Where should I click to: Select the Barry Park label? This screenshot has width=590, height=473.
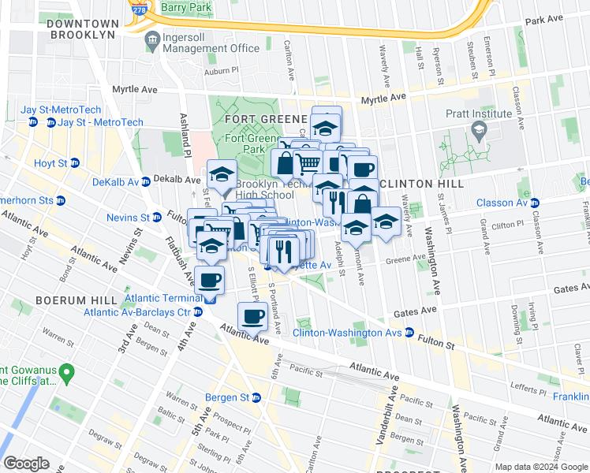pyautogui.click(x=186, y=7)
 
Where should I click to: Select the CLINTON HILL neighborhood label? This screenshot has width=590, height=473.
pyautogui.click(x=423, y=184)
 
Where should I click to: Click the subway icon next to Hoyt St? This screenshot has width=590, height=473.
pyautogui.click(x=75, y=163)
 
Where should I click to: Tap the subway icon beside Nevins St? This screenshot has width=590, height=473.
pyautogui.click(x=157, y=218)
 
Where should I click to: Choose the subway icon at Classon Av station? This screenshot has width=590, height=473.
pyautogui.click(x=534, y=203)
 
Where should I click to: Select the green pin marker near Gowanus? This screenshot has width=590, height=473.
pyautogui.click(x=67, y=371)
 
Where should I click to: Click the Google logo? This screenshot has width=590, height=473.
pyautogui.click(x=26, y=463)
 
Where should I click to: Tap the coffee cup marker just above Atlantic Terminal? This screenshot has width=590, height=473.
pyautogui.click(x=210, y=280)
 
